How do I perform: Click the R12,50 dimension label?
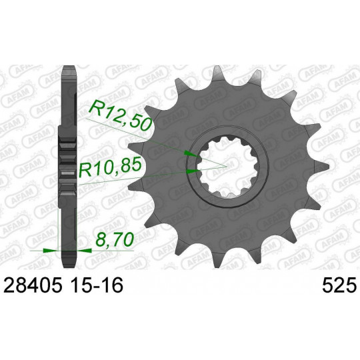(121, 117)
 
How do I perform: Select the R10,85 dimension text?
(109, 168)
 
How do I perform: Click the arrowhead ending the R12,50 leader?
(191, 154)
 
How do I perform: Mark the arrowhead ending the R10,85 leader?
(193, 171)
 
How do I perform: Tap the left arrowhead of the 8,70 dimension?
(50, 251)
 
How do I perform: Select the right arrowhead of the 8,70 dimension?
(85, 251)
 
